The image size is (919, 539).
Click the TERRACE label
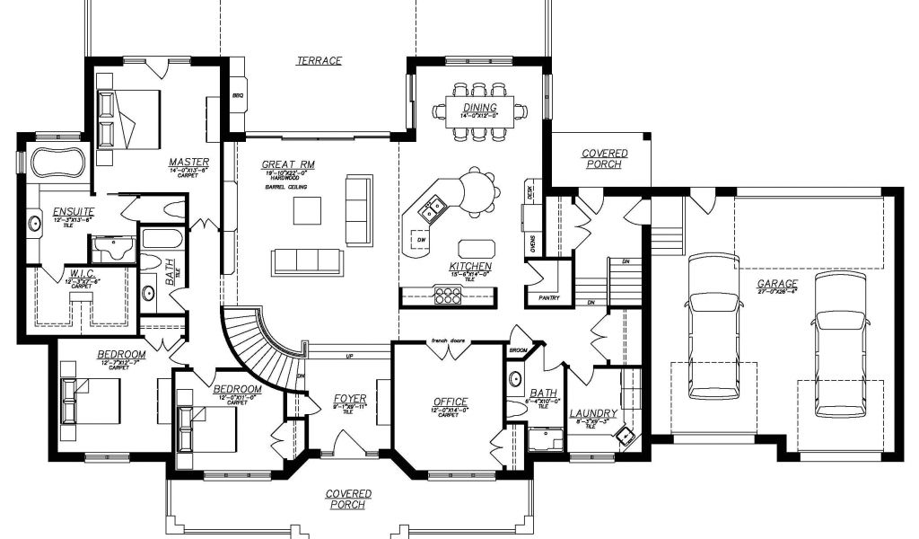320,61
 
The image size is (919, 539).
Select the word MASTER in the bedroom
188,163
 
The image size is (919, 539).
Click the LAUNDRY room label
592,413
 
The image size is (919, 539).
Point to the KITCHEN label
470,267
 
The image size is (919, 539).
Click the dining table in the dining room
480,111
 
